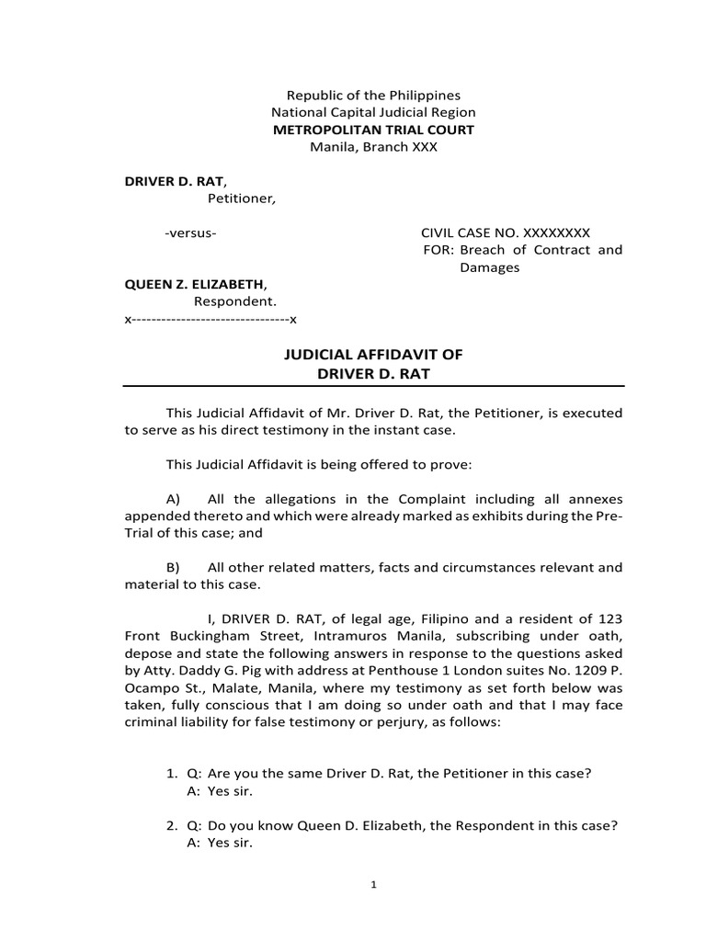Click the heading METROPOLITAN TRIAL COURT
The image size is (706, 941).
373,130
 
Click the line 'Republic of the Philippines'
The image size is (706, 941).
373,96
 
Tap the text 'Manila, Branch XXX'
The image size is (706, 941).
373,147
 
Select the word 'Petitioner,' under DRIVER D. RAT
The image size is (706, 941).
241,198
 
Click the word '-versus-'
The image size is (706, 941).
191,232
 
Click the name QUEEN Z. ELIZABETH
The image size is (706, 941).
196,284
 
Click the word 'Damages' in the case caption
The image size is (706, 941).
489,267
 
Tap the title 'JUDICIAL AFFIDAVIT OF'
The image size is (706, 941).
373,356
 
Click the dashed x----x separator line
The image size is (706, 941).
211,319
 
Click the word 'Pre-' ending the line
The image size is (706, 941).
609,516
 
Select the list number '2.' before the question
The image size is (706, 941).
158,825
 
